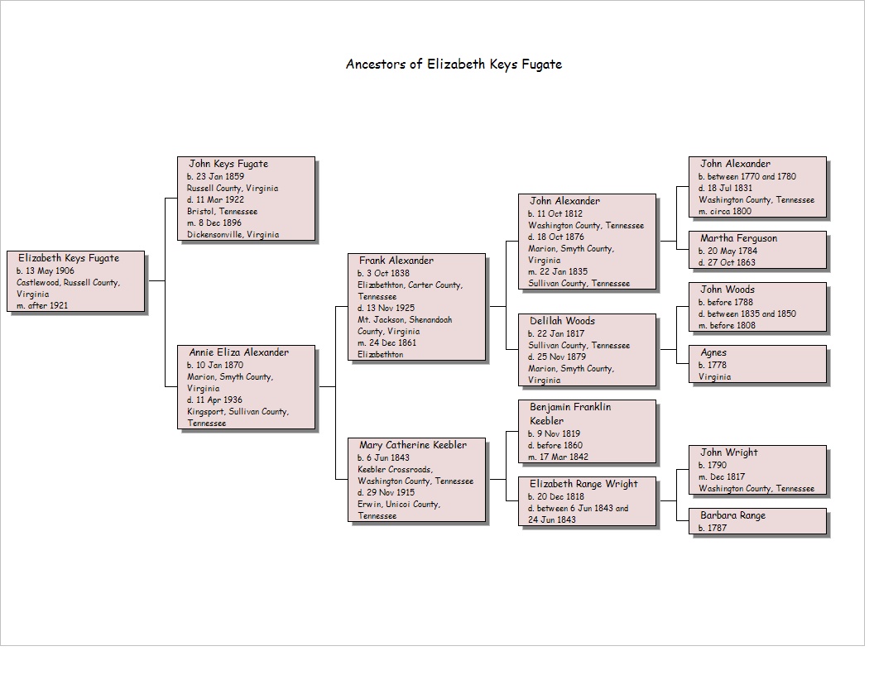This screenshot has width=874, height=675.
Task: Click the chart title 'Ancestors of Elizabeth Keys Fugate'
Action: (454, 65)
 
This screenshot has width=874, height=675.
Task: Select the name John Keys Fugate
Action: (228, 165)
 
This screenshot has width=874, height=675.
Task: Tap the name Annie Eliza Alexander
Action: (238, 352)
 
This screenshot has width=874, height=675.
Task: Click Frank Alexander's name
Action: (396, 261)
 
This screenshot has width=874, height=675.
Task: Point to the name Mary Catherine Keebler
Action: (413, 445)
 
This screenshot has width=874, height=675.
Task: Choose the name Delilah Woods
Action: (563, 321)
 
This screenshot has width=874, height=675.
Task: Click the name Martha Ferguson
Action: (738, 238)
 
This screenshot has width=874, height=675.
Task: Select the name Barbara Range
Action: (733, 515)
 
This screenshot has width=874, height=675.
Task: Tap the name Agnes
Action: (713, 352)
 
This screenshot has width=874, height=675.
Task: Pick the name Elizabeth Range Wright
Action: (583, 484)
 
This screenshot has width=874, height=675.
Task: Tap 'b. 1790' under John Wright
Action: (713, 465)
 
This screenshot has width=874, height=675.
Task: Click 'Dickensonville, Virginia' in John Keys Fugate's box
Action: (233, 235)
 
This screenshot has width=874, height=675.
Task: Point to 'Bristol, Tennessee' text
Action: (223, 212)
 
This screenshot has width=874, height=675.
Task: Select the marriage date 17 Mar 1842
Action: (558, 457)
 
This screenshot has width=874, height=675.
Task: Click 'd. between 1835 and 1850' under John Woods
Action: (747, 314)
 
